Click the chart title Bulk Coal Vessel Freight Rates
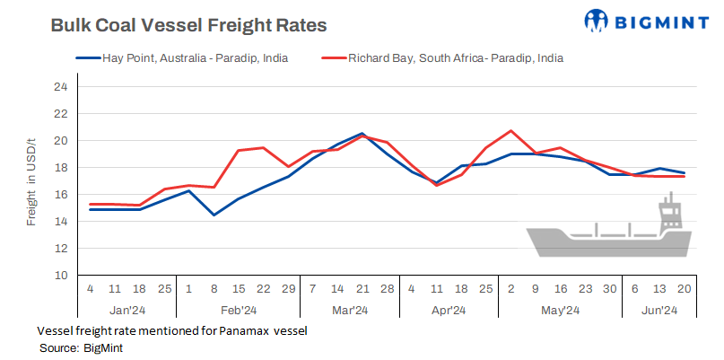(188, 25)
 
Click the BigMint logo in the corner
(638, 20)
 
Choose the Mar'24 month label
(350, 310)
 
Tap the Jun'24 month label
(659, 310)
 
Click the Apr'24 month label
(449, 310)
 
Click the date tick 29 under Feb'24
(287, 289)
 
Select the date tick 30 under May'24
(610, 289)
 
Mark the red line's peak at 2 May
(510, 131)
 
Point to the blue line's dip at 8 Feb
(214, 215)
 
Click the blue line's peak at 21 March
(362, 134)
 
